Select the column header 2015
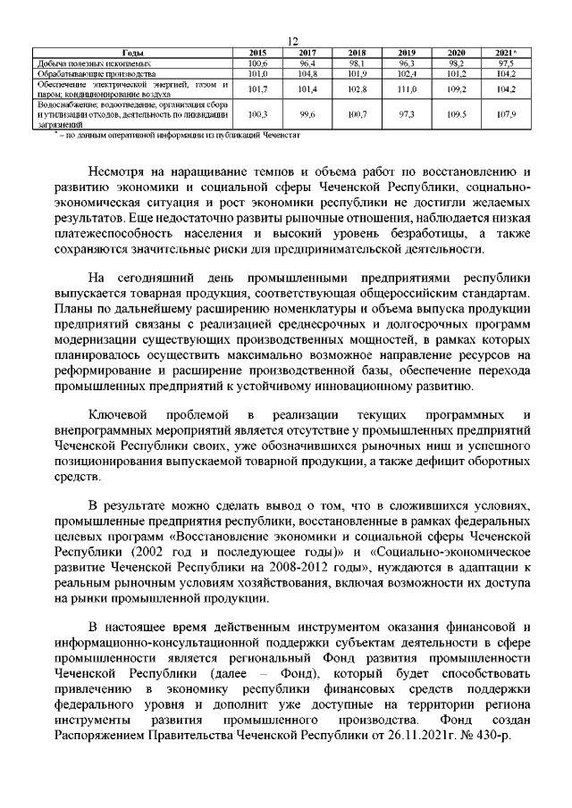pyautogui.click(x=257, y=54)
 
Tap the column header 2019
pyautogui.click(x=407, y=54)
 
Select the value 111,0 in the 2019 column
pyautogui.click(x=407, y=90)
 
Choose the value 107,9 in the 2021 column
pyautogui.click(x=506, y=115)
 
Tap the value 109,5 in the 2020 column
pyautogui.click(x=457, y=115)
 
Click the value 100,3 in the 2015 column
pyautogui.click(x=257, y=115)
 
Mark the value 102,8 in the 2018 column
pyautogui.click(x=357, y=90)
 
